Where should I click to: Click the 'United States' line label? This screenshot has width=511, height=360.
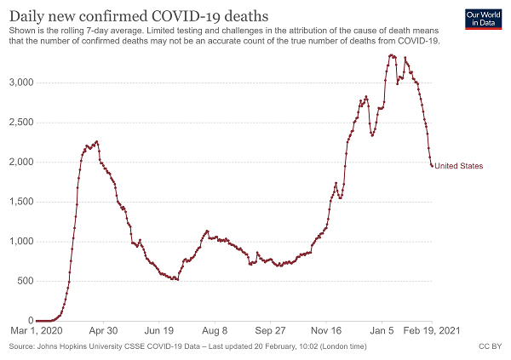click(x=458, y=166)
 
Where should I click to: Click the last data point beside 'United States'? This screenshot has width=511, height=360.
click(x=432, y=166)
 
